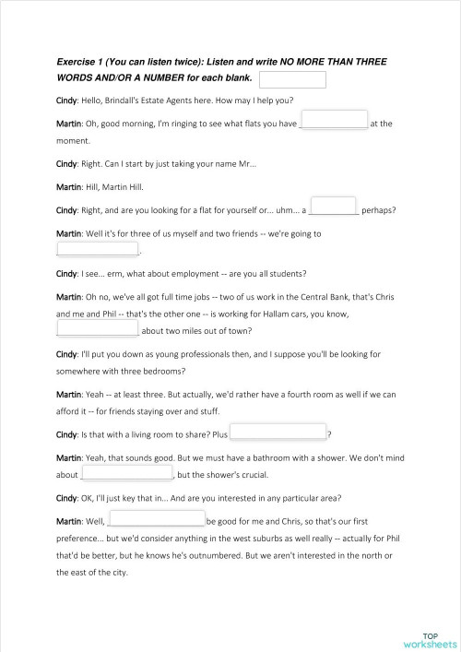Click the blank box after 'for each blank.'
click(x=293, y=79)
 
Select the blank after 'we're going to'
click(x=98, y=249)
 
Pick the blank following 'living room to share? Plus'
click(x=278, y=431)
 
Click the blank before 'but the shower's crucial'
click(x=127, y=473)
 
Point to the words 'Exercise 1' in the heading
click(x=79, y=62)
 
